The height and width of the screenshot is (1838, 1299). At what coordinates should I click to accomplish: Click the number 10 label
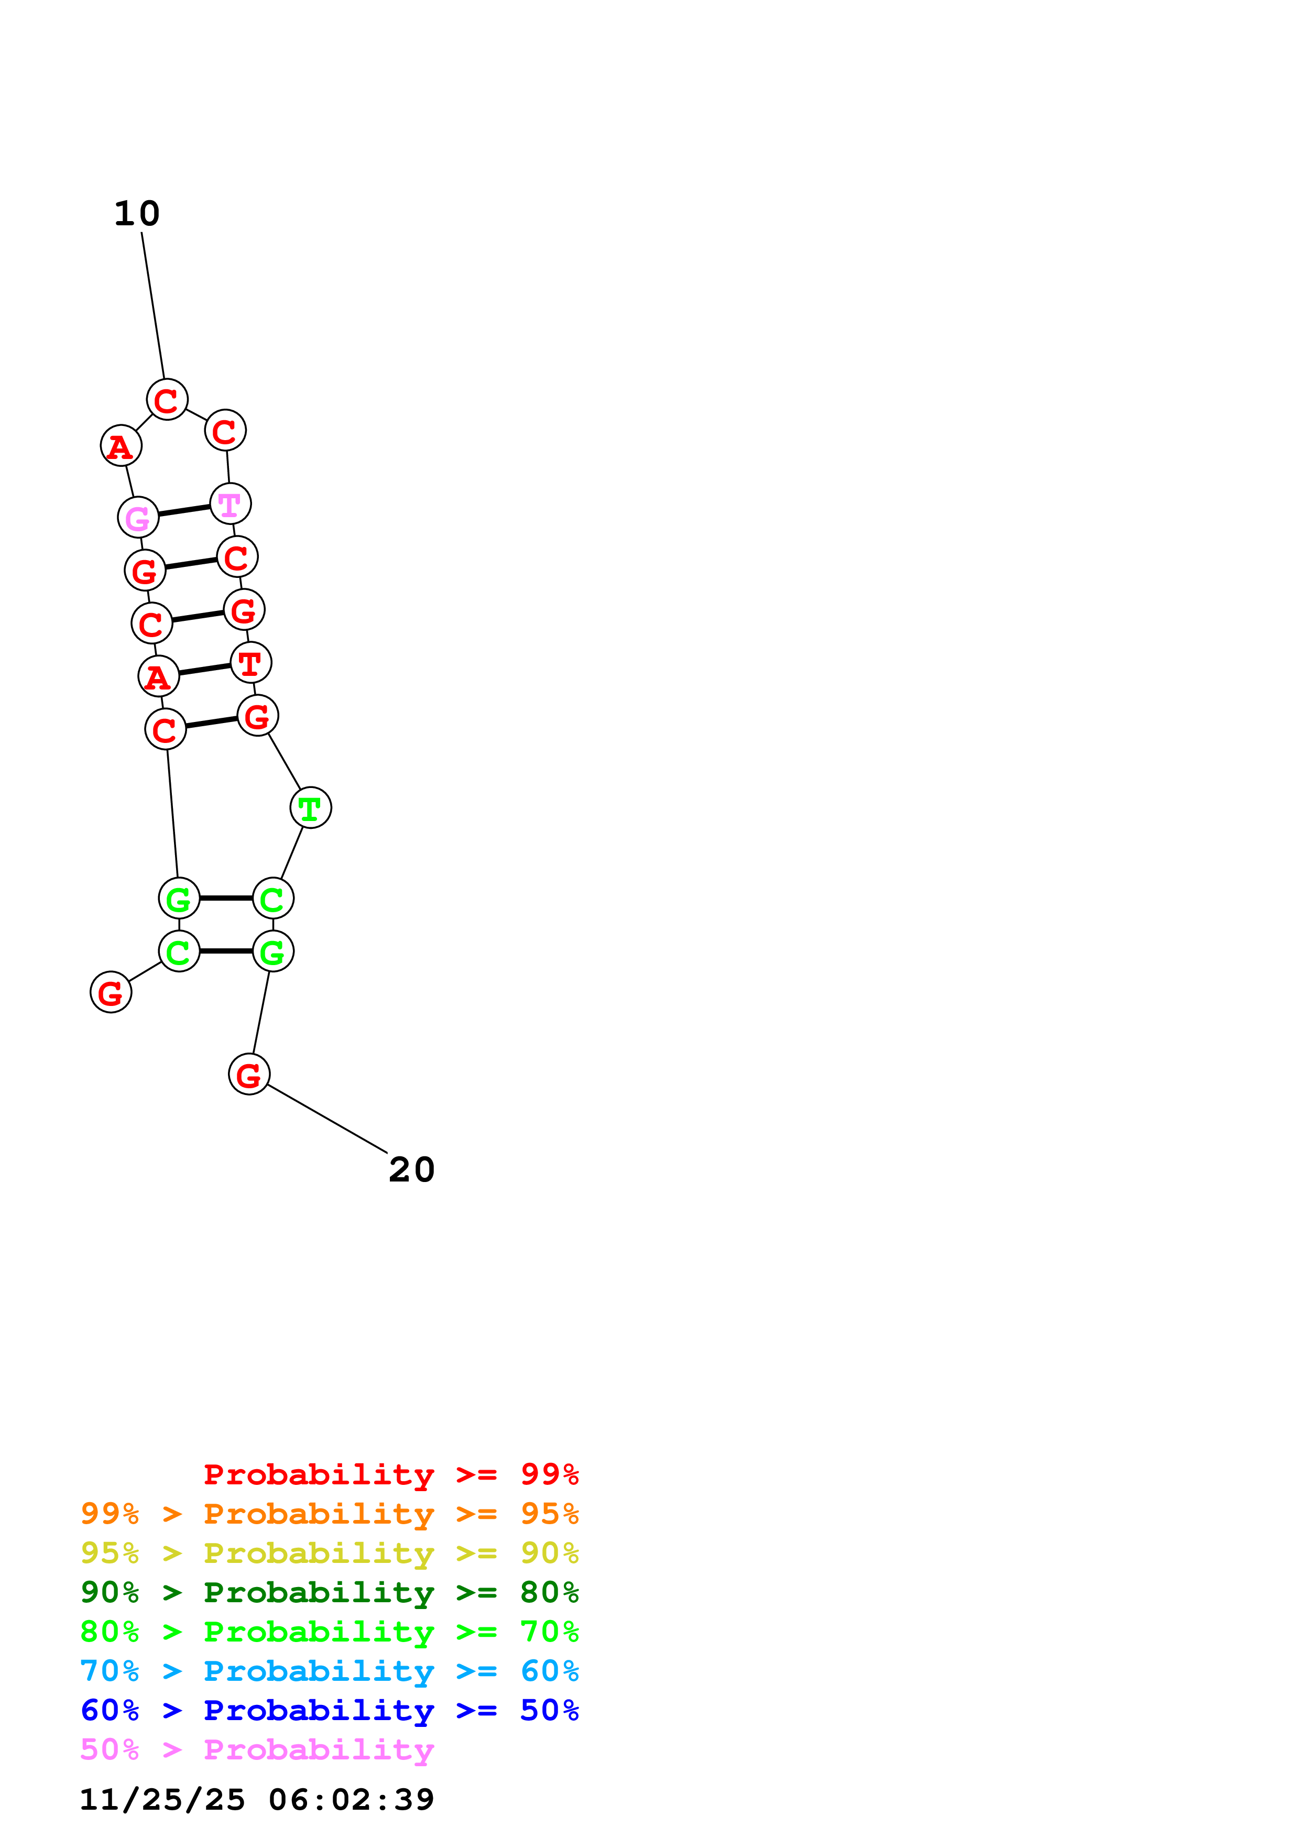pos(137,214)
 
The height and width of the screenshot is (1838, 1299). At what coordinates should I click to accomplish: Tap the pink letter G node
pos(138,518)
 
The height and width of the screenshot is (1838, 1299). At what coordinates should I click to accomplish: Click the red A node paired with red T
pos(158,676)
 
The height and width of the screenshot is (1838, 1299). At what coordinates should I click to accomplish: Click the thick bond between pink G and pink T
pos(184,511)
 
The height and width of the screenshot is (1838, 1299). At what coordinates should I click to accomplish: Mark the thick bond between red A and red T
pos(205,669)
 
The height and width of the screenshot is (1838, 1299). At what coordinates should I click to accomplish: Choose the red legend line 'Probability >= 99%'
pos(390,1474)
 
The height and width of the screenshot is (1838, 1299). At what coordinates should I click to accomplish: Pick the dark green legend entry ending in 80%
pos(329,1592)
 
